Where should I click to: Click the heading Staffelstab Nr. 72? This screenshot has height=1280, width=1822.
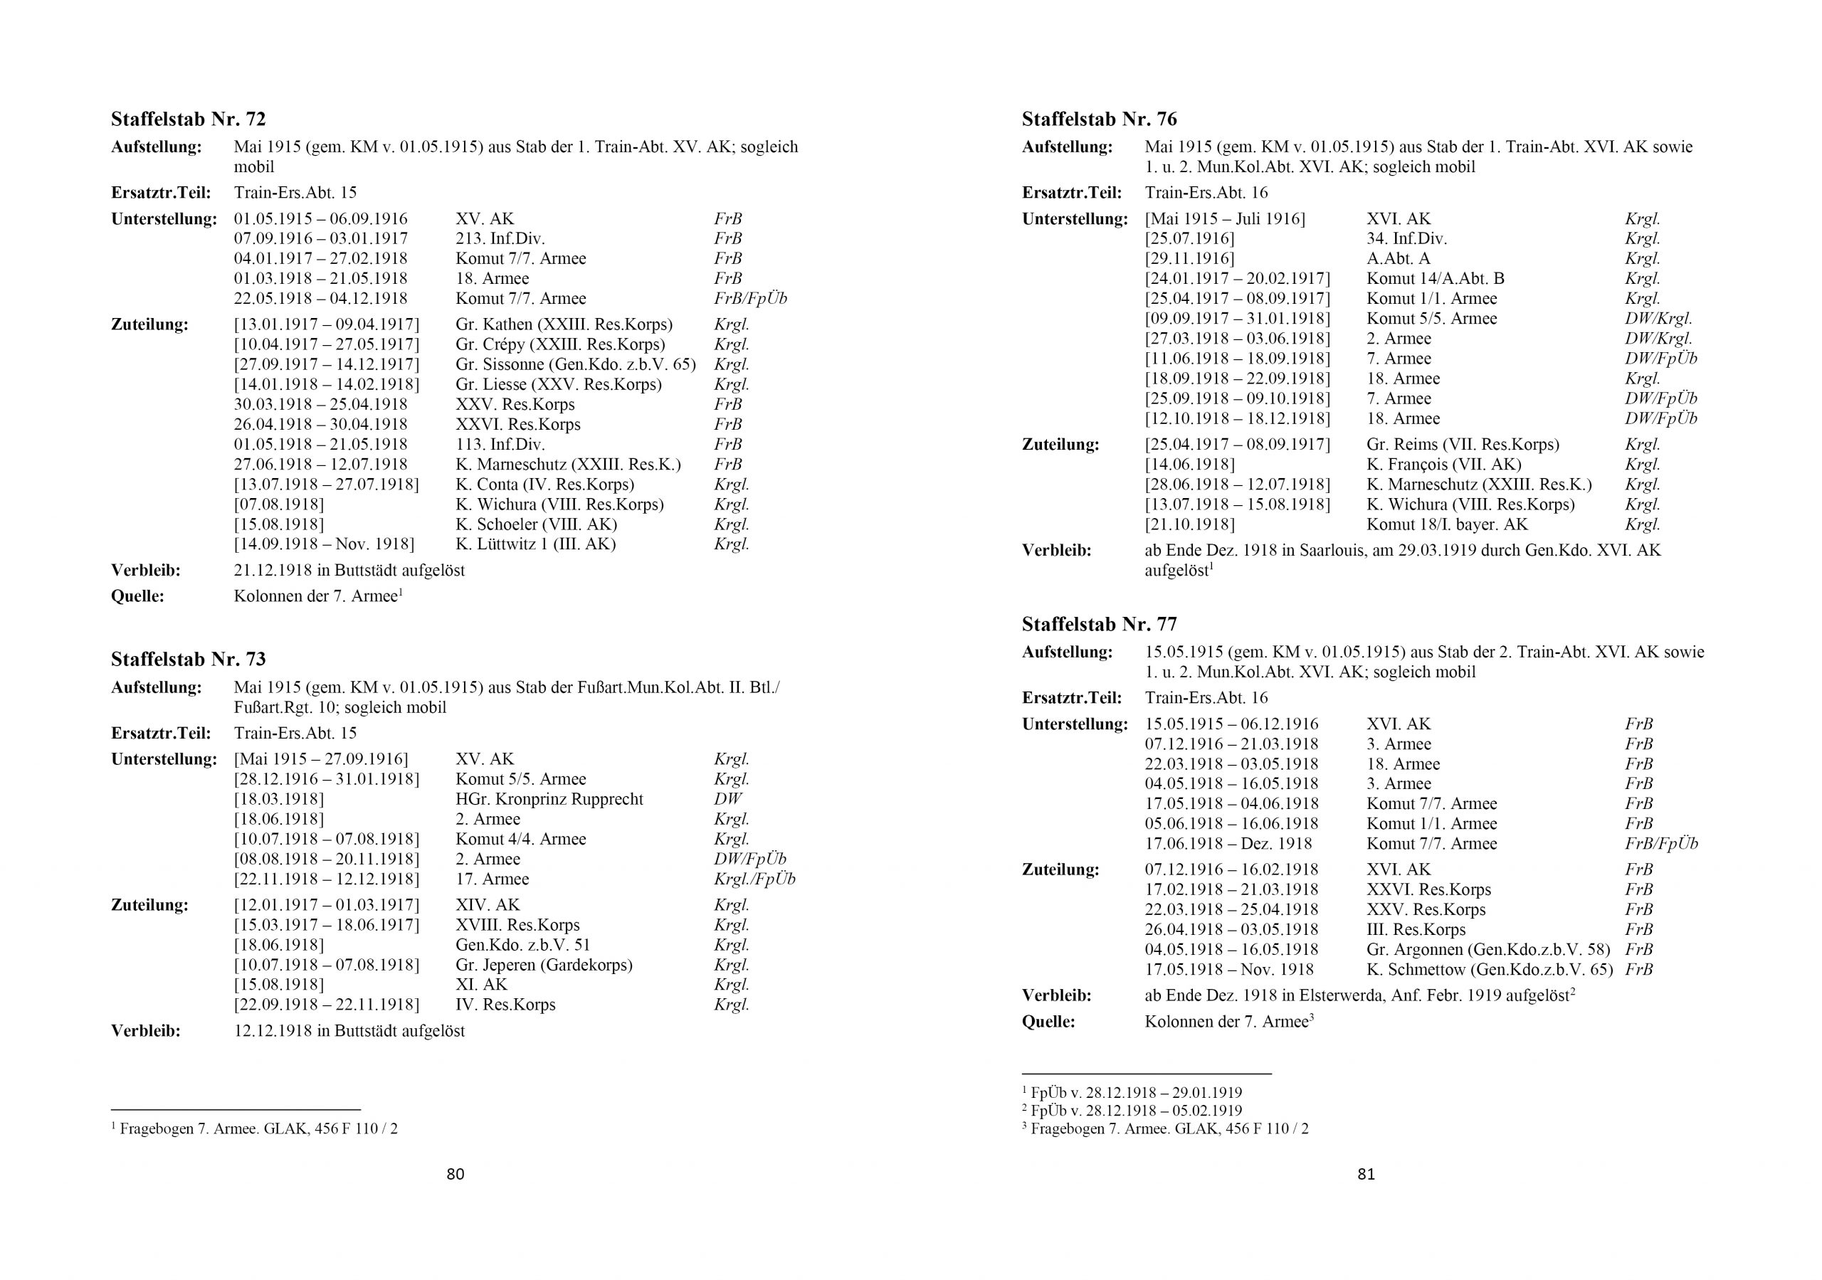pos(188,120)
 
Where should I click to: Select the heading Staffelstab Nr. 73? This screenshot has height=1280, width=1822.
pos(188,660)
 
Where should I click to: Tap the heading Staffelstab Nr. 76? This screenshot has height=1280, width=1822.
pos(1099,120)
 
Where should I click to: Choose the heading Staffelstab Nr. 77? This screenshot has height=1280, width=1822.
pos(1099,625)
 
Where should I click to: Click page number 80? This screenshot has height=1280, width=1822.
pos(455,1175)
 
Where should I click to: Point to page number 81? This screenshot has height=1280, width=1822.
pos(1366,1175)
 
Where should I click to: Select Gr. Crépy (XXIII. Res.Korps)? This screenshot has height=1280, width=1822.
pos(560,344)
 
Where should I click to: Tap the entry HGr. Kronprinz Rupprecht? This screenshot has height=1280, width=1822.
pos(549,799)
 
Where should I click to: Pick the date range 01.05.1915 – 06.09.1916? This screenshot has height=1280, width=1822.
pos(320,219)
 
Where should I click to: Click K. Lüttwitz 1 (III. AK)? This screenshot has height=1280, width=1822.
pos(536,544)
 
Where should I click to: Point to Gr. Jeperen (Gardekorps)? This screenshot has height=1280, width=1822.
pos(544,965)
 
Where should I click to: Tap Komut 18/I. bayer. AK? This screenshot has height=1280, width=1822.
pos(1447,524)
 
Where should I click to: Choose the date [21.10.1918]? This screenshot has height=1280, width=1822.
pos(1189,524)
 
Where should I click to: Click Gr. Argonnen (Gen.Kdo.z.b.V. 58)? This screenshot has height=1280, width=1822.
pos(1489,949)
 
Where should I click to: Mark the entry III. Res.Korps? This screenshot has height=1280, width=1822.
pos(1416,929)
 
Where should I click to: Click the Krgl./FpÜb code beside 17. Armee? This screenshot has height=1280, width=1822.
pos(754,879)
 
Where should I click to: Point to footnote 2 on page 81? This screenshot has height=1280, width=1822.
pos(1132,1111)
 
